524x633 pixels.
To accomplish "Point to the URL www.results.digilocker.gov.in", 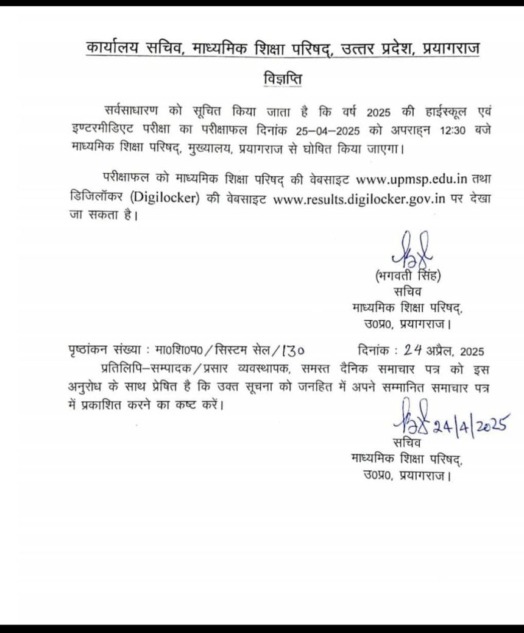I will click(358, 199).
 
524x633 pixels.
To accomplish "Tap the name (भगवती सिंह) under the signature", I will click(408, 276).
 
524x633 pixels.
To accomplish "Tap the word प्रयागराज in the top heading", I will click(448, 46).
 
